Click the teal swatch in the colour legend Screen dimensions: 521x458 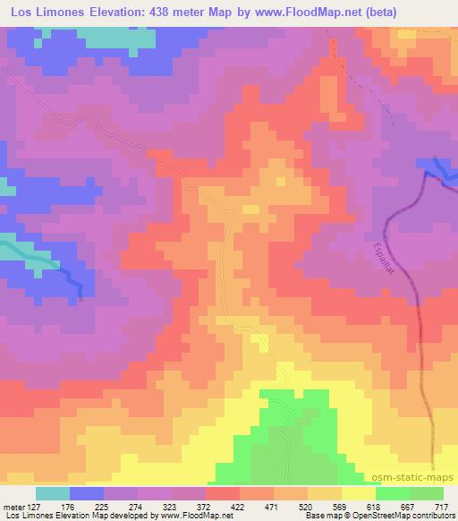pos(53,493)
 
